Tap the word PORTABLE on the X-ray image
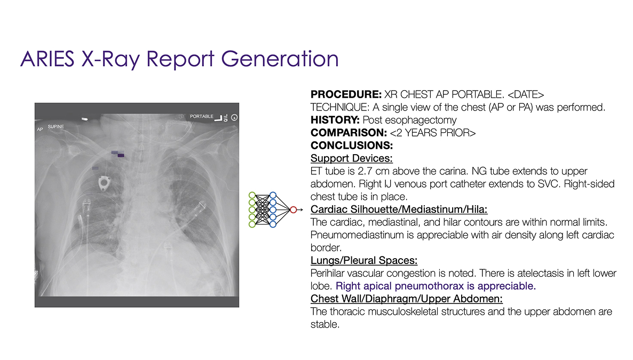pos(202,116)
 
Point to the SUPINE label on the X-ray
pos(56,126)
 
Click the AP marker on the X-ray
pos(40,130)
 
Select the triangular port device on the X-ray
pos(103,185)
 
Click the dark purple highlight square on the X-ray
pos(121,155)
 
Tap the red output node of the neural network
pos(292,210)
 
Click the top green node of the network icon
pos(252,195)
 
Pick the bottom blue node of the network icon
pos(273,225)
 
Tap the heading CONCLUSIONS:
pos(352,145)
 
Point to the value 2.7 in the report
pos(361,171)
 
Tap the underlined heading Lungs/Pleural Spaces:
pos(363,260)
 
